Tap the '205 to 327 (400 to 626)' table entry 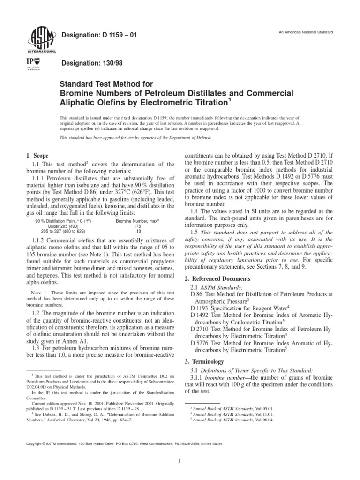coord(63,231)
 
